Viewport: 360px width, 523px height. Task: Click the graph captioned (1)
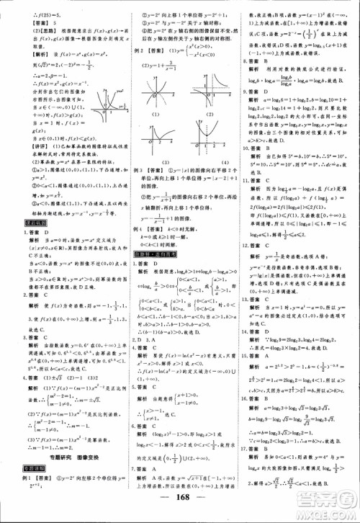[x=150, y=94]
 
